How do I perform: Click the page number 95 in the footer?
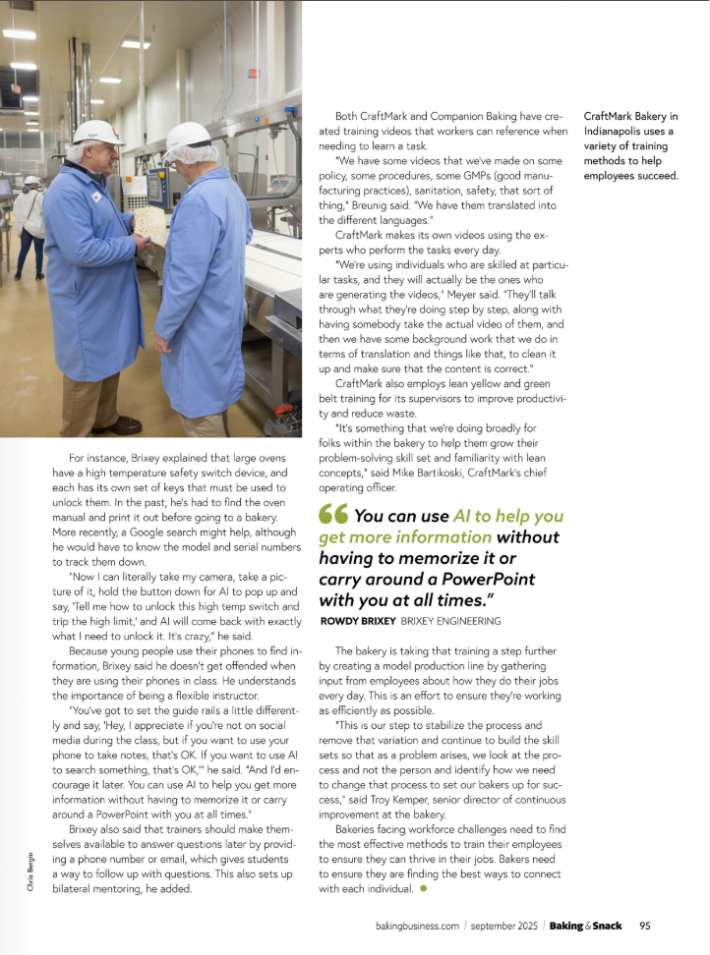point(645,926)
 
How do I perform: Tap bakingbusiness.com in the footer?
point(418,926)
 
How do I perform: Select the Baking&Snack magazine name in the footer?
point(585,926)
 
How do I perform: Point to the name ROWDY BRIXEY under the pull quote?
point(359,621)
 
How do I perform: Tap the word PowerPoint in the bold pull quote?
point(422,578)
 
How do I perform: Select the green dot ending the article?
point(423,888)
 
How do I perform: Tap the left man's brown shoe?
point(116,424)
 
